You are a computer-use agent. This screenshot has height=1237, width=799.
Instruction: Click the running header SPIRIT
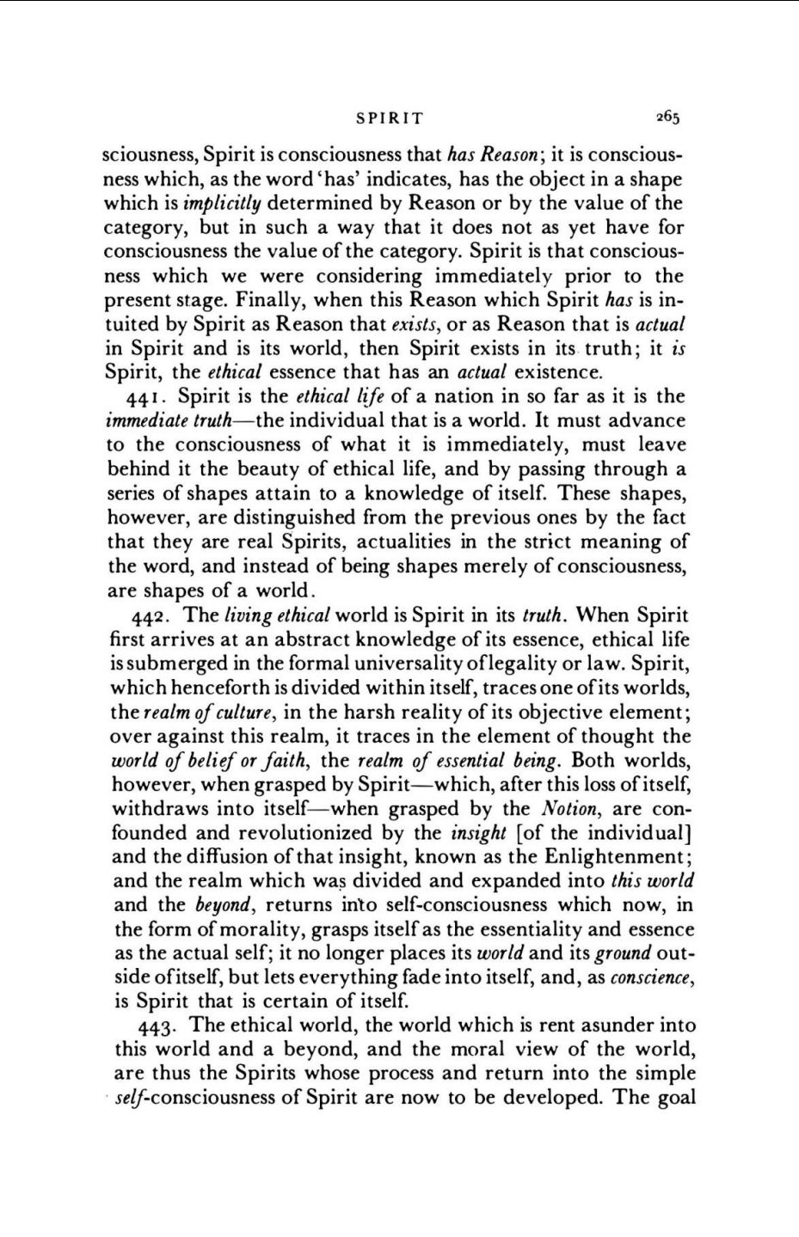pos(390,118)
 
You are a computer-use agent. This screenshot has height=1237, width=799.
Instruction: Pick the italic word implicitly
pos(224,204)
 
